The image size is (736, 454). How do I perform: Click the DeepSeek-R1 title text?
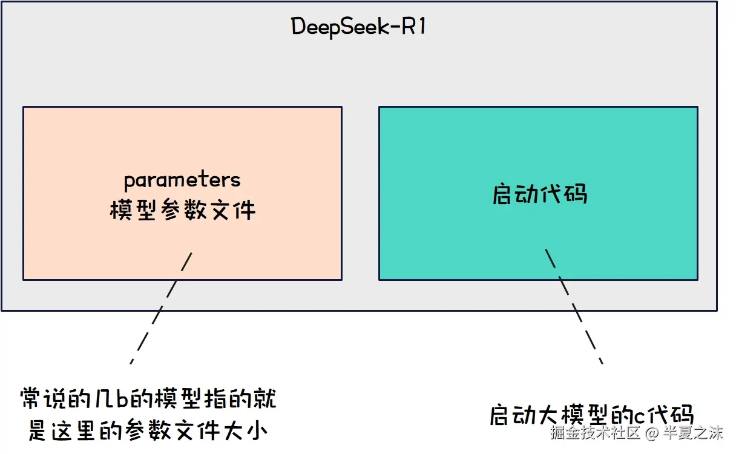click(x=358, y=27)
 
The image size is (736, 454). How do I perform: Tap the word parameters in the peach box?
click(x=182, y=180)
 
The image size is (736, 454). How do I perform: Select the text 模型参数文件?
click(x=182, y=210)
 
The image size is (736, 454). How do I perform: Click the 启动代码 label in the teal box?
click(x=539, y=194)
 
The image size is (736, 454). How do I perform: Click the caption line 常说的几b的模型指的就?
click(x=148, y=401)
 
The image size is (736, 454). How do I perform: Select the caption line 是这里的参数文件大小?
click(x=148, y=431)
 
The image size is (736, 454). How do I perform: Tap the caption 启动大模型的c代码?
click(x=591, y=415)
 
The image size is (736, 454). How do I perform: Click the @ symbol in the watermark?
click(x=651, y=433)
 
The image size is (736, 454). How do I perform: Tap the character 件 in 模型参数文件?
click(x=244, y=210)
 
